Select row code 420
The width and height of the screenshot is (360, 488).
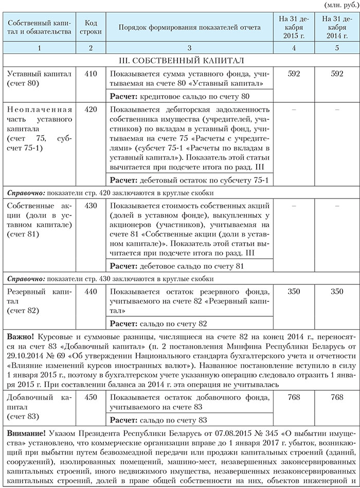91,110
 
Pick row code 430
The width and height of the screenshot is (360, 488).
91,205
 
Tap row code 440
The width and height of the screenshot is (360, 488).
91,292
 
